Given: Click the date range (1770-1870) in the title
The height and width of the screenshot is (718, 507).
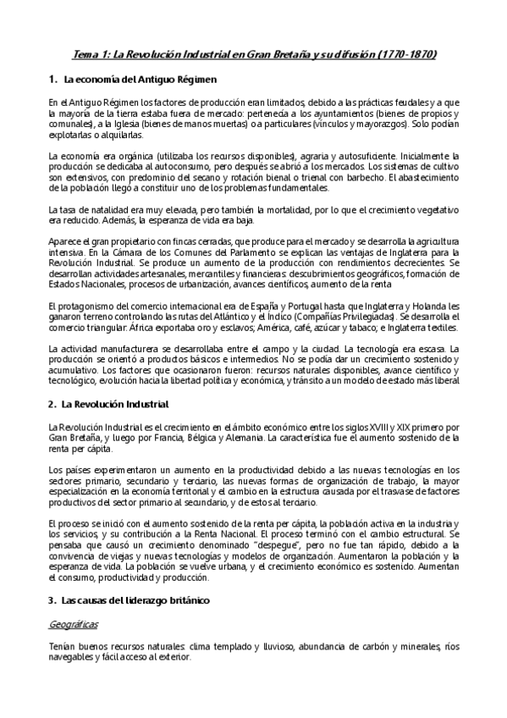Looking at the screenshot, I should [x=408, y=53].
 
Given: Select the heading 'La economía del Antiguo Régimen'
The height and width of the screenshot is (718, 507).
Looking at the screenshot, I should [x=141, y=80].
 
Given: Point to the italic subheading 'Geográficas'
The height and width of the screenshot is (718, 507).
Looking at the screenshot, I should [x=74, y=624].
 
